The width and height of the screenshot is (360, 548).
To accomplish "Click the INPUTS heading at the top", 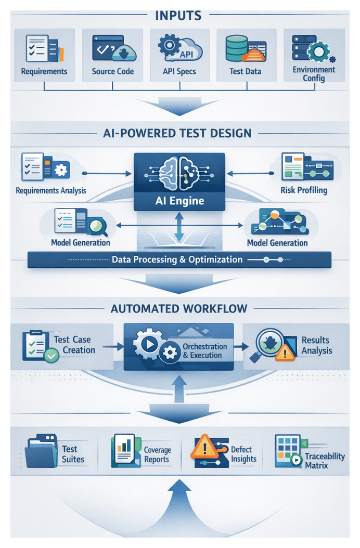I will coord(178,15).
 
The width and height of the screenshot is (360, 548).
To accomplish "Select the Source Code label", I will coord(113,71).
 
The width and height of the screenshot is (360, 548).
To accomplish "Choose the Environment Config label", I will coord(314,74).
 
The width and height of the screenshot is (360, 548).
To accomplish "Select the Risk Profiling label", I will coord(304,190).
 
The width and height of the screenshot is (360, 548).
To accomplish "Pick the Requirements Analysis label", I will coord(51,190).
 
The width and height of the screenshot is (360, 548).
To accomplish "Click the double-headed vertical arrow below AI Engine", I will coord(179,227).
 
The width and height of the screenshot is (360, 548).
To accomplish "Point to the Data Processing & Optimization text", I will coord(177,259).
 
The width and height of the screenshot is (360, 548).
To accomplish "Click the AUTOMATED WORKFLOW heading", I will coord(179,308).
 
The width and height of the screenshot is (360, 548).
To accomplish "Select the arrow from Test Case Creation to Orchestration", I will coord(110,346).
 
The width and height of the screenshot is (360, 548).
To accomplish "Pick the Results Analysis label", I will coord(316,345).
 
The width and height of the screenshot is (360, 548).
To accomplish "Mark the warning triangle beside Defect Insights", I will coord(204,448).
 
